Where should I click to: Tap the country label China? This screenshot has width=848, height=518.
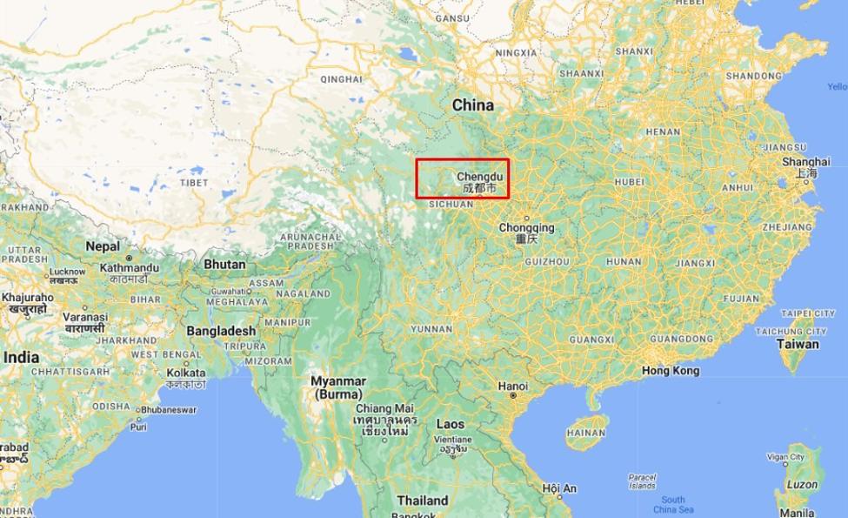(472, 105)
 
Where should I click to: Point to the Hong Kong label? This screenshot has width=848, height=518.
(670, 371)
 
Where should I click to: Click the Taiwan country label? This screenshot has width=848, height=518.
(798, 344)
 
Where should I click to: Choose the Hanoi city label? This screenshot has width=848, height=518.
(513, 386)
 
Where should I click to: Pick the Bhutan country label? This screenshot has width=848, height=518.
(224, 263)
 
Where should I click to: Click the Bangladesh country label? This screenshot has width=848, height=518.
(222, 331)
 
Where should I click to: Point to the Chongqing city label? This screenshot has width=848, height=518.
(526, 228)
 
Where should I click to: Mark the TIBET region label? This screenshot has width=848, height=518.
(194, 183)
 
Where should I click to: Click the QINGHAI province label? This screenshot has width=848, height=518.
(340, 77)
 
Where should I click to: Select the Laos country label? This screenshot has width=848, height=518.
(450, 424)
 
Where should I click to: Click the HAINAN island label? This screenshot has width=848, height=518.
(584, 432)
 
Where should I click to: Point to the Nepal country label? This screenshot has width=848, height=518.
(103, 246)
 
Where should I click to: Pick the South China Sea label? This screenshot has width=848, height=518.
(672, 504)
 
